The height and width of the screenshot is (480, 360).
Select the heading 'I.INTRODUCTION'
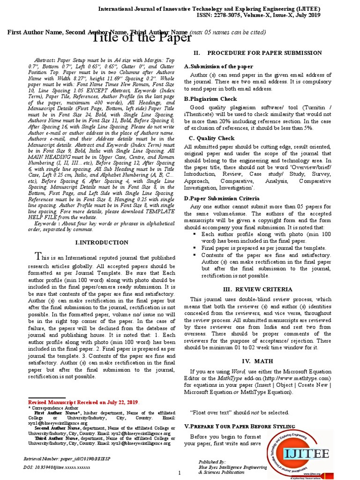[x=102, y=242]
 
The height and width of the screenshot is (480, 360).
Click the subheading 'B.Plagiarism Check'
[x=210, y=99]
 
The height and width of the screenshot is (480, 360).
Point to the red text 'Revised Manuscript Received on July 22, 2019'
[x=83, y=402]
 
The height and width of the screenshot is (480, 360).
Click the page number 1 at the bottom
[x=180, y=473]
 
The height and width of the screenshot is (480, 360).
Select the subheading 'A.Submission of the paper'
[x=218, y=67]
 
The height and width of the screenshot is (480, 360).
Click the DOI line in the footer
[x=56, y=468]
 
